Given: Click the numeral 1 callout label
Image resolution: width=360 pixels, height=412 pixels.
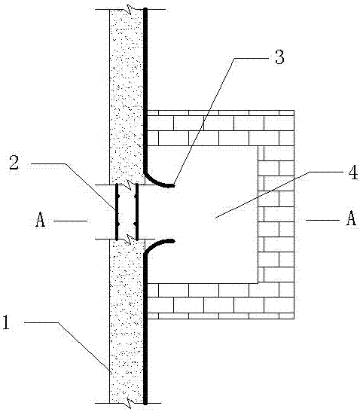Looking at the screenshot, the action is (6, 322).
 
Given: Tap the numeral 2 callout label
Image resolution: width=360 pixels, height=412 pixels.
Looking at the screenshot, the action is (14, 163).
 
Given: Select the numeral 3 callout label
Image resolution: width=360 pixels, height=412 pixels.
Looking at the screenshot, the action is (279, 57).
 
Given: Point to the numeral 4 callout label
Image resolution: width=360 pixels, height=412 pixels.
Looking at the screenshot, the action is (352, 172).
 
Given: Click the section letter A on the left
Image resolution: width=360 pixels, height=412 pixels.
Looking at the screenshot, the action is (40, 220).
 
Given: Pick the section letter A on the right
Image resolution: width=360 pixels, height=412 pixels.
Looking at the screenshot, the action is (351, 218).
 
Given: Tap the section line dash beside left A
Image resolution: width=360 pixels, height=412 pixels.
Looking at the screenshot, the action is (71, 221).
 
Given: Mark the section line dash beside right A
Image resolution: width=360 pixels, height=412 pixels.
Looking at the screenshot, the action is (323, 220).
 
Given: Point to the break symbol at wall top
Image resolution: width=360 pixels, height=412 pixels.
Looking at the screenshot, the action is (130, 9).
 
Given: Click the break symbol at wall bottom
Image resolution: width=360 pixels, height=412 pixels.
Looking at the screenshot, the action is (130, 402).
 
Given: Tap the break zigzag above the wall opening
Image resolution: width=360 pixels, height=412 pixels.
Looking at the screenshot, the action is (130, 185).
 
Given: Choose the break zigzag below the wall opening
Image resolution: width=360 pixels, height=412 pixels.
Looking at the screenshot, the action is (130, 240).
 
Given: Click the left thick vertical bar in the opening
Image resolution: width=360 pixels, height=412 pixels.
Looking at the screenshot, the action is (117, 212).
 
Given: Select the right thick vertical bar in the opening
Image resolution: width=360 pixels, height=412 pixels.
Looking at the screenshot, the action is (136, 212).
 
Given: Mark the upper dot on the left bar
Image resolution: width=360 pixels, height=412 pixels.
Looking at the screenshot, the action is (118, 197).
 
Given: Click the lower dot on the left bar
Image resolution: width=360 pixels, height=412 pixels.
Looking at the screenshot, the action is (118, 224).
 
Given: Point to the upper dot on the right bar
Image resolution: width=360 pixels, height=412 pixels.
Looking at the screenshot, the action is (136, 196).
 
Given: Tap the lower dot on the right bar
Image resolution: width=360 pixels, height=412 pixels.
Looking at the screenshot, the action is (136, 224).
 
